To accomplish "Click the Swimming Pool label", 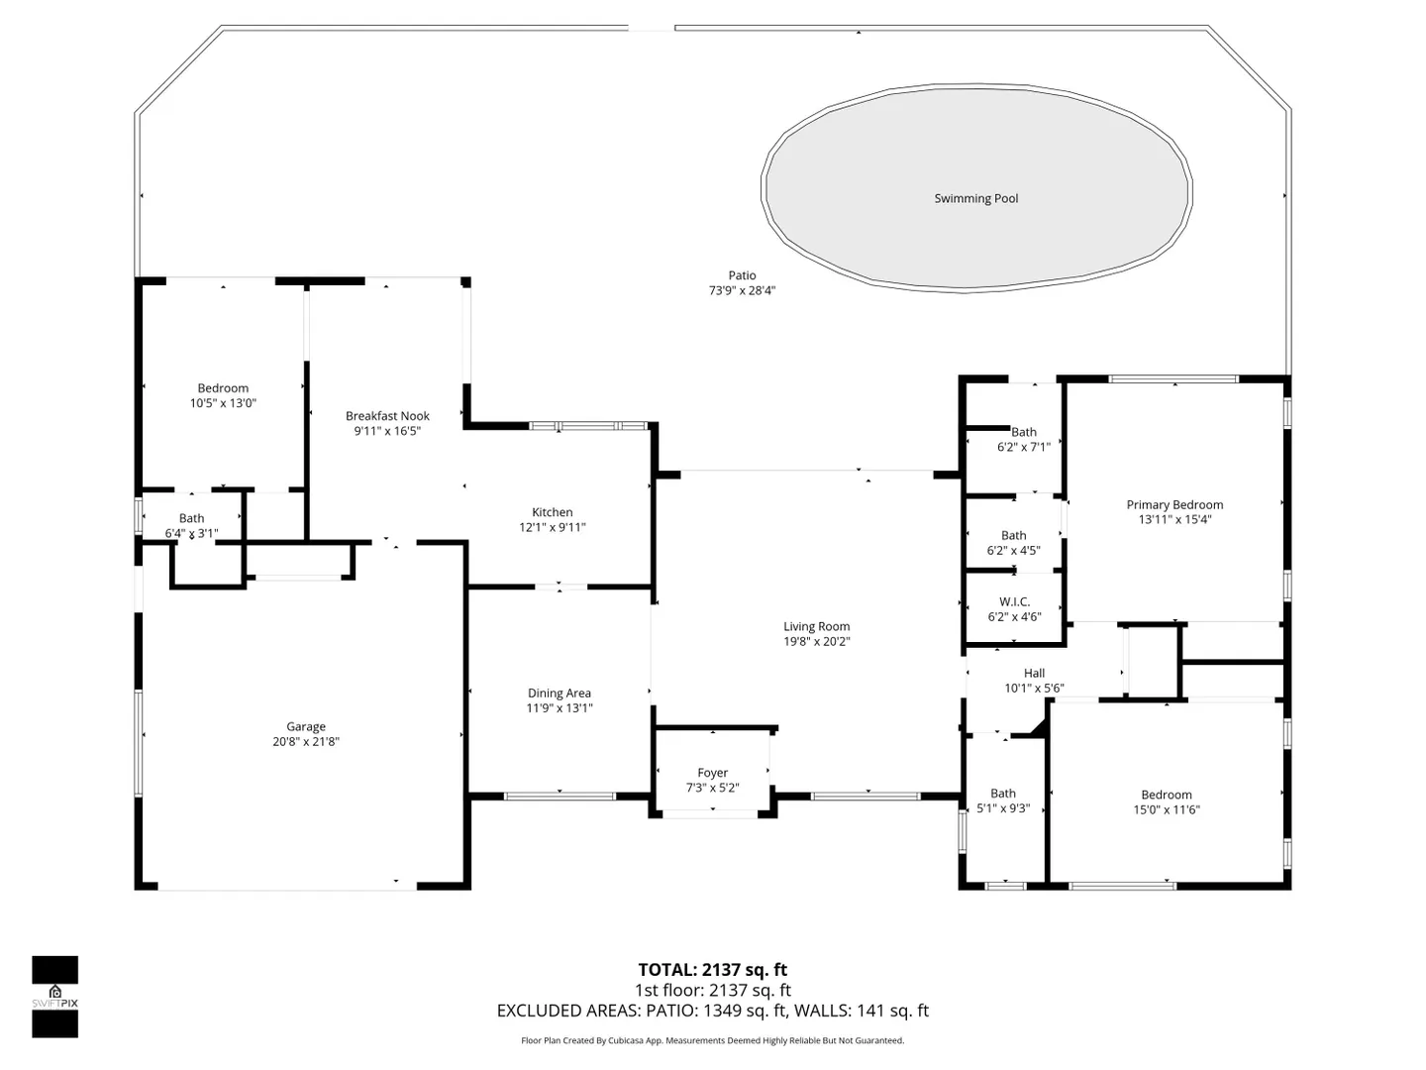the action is (975, 199).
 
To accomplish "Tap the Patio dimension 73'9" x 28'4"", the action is (742, 290).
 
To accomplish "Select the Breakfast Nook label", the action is (387, 416).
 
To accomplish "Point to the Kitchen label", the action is (553, 512).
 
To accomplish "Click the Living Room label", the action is (817, 626).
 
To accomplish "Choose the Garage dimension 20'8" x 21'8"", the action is (306, 741).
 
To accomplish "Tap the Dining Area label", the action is (560, 694).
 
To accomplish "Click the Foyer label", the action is (713, 773).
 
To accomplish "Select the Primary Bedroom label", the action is (1174, 505).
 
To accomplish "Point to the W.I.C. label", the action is (1014, 601).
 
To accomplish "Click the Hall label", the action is (1034, 673).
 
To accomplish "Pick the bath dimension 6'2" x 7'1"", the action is (1024, 447).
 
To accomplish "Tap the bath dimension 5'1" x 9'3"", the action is (1003, 808).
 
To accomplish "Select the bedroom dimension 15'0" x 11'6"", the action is (1167, 809).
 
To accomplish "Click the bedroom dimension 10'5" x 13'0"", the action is (223, 403).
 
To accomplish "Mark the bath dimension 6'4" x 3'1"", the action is (192, 533).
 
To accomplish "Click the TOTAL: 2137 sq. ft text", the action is (713, 970).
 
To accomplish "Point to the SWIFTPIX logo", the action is (54, 998).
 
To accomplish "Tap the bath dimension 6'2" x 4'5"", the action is (1013, 551).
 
